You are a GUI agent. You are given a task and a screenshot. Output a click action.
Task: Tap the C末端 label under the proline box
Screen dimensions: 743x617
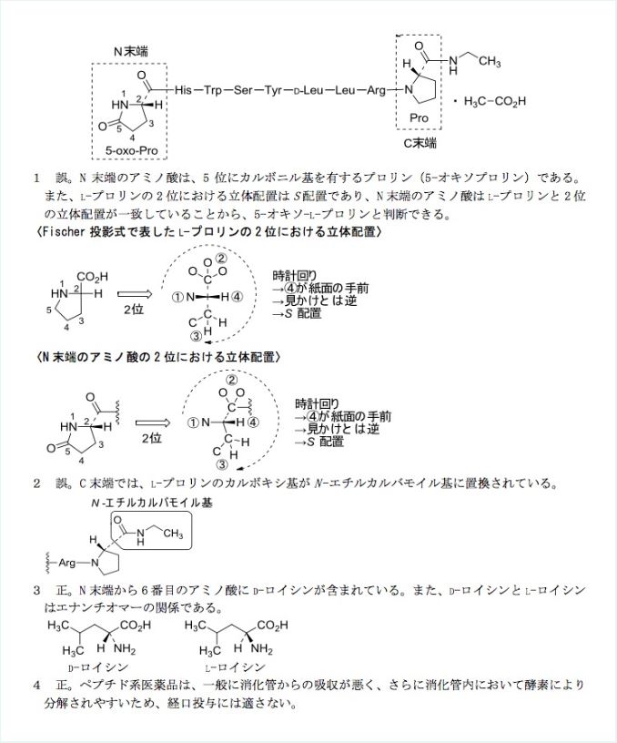pyautogui.click(x=420, y=143)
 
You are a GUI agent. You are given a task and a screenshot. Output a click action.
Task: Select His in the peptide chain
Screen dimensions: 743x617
pyautogui.click(x=183, y=91)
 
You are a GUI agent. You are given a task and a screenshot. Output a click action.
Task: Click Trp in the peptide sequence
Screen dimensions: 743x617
pyautogui.click(x=213, y=91)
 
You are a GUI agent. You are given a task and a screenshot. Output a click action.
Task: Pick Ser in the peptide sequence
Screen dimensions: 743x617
pyautogui.click(x=243, y=91)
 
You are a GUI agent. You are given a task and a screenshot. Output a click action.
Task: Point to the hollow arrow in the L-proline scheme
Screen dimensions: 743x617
pyautogui.click(x=135, y=294)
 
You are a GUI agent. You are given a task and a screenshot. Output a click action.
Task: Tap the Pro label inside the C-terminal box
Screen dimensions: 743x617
pyautogui.click(x=420, y=117)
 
